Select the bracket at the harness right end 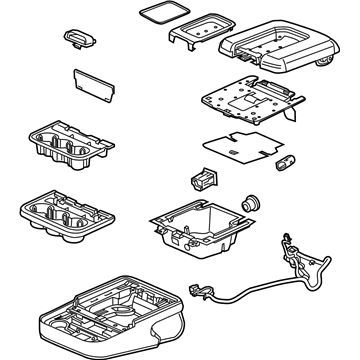(x=321, y=266)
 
